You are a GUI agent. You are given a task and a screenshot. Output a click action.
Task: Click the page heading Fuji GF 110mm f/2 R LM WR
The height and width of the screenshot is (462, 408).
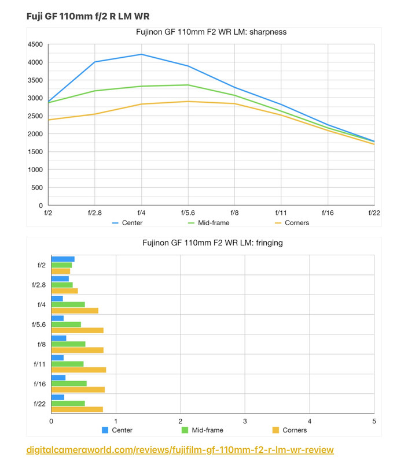[87, 16]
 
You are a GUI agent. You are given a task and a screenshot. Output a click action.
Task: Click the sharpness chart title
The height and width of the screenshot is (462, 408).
[211, 32]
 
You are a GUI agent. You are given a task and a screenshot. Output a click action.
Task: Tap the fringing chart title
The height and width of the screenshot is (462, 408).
[212, 243]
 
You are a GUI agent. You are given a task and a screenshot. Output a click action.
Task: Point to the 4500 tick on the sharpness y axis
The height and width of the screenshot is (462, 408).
[35, 44]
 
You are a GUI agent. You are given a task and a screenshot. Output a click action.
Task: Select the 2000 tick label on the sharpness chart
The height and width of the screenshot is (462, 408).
[35, 134]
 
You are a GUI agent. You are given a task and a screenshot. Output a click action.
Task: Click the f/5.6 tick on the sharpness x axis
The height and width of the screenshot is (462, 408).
[188, 213]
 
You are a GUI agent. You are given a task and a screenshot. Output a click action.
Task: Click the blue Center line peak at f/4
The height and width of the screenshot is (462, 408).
[142, 54]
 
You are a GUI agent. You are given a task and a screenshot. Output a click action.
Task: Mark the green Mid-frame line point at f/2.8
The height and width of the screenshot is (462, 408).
[95, 91]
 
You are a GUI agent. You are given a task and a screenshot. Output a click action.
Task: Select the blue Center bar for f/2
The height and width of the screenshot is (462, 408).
[63, 259]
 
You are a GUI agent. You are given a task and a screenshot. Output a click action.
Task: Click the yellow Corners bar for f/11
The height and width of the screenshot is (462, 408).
[79, 370]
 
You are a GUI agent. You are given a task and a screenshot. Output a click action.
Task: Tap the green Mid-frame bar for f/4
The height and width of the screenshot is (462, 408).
[68, 304]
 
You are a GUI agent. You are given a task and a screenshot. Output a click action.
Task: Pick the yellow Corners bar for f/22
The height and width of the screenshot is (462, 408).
[77, 409]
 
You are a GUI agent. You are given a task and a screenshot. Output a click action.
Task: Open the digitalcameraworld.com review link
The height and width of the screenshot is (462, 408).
[180, 449]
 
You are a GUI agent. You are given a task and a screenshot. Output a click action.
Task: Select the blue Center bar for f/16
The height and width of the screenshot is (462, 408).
[58, 378]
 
